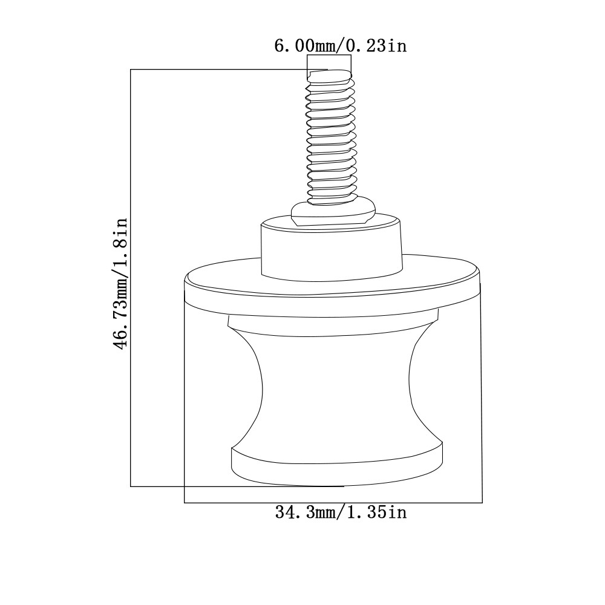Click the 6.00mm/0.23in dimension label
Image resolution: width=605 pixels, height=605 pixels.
[x=340, y=46]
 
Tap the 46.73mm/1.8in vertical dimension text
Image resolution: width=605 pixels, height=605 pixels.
[x=120, y=284]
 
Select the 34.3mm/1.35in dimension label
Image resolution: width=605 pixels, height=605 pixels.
[x=341, y=512]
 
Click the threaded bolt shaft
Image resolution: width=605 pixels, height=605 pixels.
[x=331, y=137]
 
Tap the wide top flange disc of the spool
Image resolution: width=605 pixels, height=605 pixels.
[x=333, y=286]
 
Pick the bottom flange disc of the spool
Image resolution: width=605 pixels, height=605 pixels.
[x=337, y=465]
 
